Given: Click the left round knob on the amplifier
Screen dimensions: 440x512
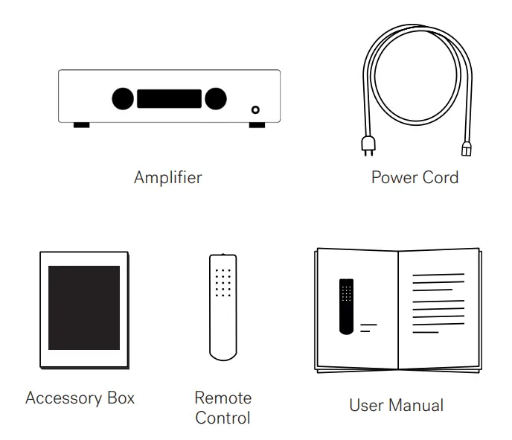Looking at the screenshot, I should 123,98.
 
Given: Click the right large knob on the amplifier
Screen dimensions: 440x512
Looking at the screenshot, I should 216,98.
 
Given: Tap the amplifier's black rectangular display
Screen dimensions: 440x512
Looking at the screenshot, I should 169,99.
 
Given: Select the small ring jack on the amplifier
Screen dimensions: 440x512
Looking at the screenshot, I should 256,109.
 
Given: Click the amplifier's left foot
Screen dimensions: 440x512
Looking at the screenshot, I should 81,125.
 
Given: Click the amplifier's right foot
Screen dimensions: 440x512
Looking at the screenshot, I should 256,125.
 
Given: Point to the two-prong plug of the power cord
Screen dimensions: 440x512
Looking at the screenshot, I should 367,146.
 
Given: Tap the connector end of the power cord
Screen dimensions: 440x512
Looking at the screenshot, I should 467,149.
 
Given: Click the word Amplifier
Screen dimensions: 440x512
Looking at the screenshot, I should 167,178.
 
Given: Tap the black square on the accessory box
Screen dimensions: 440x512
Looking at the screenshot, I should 84,307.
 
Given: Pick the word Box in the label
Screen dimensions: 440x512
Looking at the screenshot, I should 121,398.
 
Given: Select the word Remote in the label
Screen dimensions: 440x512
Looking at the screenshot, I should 223,398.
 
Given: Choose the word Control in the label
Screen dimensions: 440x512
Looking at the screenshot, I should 223,418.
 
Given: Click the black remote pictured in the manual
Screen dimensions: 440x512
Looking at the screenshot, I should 346,306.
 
